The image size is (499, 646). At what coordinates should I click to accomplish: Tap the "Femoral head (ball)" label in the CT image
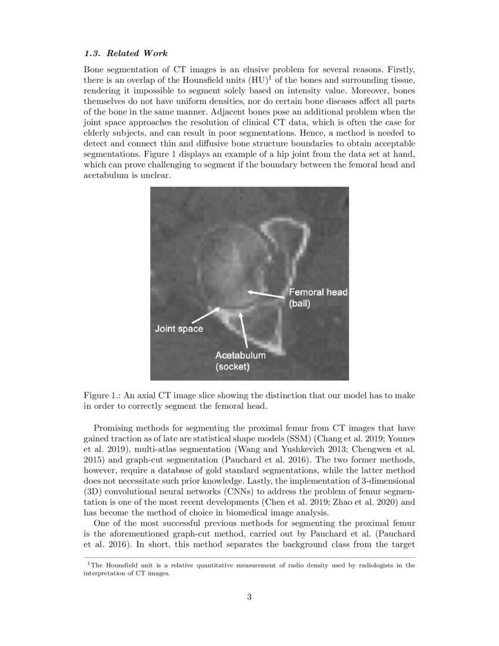tap(318, 298)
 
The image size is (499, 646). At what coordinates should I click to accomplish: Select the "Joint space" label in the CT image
tap(178, 328)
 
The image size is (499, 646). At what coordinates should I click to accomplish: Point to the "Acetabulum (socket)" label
tap(240, 361)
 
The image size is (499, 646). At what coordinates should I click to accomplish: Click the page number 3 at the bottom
tap(249, 598)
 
